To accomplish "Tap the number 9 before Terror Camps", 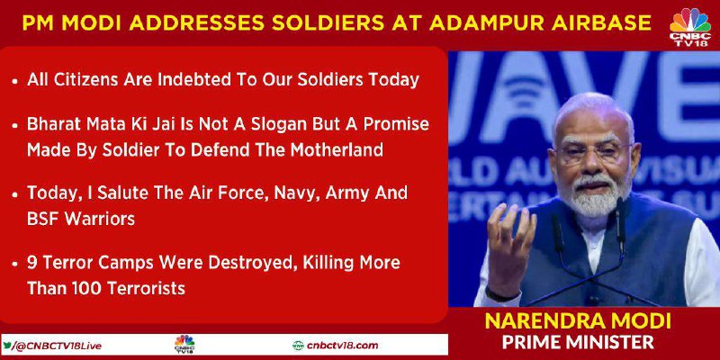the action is tap(31, 264).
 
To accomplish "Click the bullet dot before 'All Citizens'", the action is tap(15, 82).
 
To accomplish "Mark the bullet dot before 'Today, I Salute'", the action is tap(15, 194).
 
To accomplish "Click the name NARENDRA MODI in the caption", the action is tap(578, 320).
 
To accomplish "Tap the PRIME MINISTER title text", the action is tap(578, 342).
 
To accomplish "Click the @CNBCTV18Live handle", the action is tap(58, 346).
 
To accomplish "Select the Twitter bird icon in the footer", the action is tap(7, 346).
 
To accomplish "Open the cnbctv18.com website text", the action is tap(342, 346).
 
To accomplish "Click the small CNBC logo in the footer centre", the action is tap(184, 345).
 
